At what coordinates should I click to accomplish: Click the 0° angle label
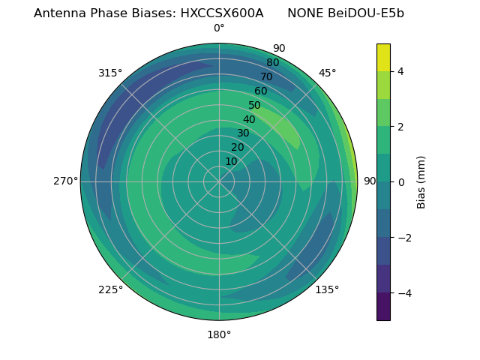point(219,28)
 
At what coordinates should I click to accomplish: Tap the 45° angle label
point(327,73)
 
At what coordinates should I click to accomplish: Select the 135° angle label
point(327,289)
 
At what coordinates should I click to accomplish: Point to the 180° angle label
point(219,334)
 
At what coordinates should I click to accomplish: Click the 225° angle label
point(110,289)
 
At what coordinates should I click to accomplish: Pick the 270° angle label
point(66,181)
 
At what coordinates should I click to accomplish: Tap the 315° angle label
point(110,73)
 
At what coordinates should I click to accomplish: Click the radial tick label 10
point(231,161)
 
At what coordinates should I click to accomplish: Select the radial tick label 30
point(243,133)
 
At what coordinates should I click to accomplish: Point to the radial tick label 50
point(255,106)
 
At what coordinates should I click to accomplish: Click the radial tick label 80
point(273,63)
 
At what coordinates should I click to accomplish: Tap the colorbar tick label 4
point(400,71)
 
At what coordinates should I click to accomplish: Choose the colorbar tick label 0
point(400,182)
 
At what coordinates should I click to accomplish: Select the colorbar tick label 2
point(400,127)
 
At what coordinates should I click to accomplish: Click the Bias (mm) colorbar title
point(421,182)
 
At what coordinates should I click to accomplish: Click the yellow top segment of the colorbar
point(383,57)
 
